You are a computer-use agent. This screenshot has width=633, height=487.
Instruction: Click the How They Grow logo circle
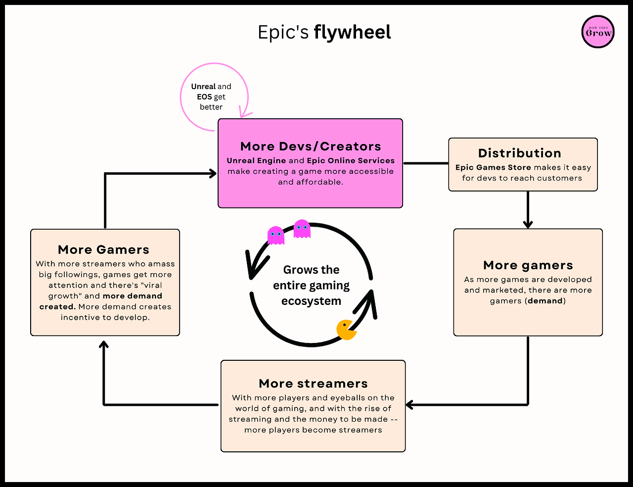(598, 32)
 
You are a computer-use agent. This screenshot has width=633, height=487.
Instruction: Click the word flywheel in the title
(352, 33)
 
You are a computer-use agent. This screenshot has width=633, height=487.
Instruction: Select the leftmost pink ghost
(275, 235)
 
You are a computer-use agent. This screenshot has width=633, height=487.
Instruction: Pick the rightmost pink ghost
(302, 229)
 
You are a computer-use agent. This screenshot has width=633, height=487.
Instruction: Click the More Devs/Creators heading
(311, 146)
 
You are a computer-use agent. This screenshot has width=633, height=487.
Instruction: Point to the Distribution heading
(520, 153)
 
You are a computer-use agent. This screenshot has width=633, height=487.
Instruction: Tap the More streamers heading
(313, 384)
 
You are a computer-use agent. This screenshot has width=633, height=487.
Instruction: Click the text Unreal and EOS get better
(211, 97)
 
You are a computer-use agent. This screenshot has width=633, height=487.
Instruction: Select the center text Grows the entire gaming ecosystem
(311, 286)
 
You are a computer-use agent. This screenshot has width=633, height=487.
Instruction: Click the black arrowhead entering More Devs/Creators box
(213, 173)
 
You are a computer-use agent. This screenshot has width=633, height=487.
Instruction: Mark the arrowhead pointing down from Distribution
(528, 224)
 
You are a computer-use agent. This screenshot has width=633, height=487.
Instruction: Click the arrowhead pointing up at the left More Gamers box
(104, 344)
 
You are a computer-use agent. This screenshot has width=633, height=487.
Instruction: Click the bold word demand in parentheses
(545, 301)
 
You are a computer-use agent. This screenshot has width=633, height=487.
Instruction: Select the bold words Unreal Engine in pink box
(256, 160)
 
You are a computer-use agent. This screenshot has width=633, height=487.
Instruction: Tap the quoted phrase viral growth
(105, 291)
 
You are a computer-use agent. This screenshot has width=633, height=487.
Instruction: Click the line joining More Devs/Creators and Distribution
(425, 163)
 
